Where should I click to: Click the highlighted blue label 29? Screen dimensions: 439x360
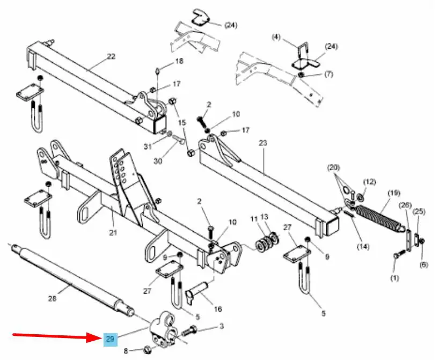click(111, 339)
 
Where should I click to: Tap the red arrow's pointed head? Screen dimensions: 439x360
click(101, 337)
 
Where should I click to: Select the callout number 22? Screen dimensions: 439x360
click(111, 56)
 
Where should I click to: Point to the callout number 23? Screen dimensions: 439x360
click(263, 143)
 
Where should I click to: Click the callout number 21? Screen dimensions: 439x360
click(113, 232)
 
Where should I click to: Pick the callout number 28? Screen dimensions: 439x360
click(52, 298)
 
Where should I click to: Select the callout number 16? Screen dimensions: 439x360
click(218, 309)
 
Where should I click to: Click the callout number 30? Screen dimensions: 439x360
click(158, 161)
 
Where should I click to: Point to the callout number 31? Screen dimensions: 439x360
click(148, 146)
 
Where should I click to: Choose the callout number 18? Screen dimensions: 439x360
click(179, 61)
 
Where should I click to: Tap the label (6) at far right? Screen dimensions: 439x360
click(423, 265)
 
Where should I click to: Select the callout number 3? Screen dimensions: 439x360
click(222, 326)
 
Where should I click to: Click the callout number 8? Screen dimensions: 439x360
click(126, 351)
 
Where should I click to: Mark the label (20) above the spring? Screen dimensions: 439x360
click(333, 168)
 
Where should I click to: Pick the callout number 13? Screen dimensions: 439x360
click(264, 217)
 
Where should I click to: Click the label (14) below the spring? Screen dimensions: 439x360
click(363, 247)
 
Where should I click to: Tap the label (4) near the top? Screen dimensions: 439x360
click(276, 37)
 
